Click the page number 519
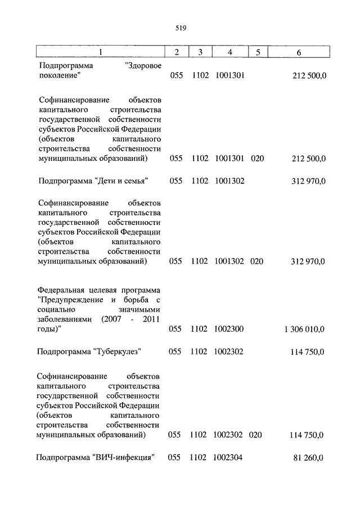click(x=180, y=27)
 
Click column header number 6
click(x=299, y=52)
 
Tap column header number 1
click(x=100, y=52)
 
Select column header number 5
click(x=257, y=52)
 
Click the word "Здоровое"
click(x=143, y=65)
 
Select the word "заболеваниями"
click(x=64, y=320)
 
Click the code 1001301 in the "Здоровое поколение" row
click(x=229, y=75)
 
